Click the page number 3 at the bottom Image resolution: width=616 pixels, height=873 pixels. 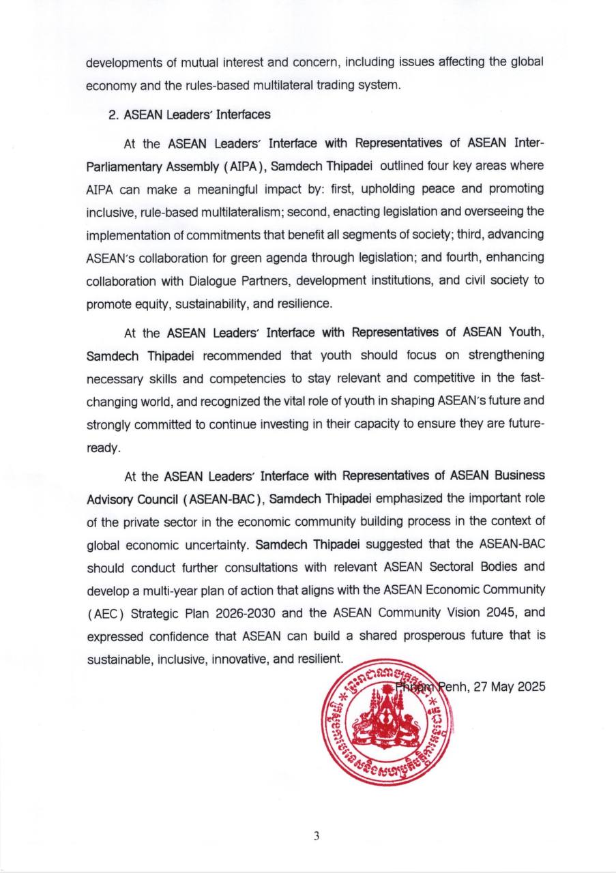click(x=317, y=836)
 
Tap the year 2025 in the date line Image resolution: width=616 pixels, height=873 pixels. click(x=531, y=687)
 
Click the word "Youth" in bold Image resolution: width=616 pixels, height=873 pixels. click(x=525, y=333)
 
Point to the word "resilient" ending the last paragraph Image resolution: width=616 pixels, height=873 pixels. click(x=319, y=659)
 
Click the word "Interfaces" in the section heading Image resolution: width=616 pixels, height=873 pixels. click(x=243, y=115)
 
